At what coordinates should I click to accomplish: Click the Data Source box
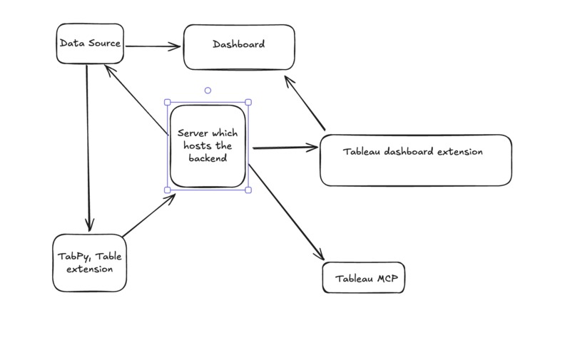pos(90,44)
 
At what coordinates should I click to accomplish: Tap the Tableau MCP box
pos(364,278)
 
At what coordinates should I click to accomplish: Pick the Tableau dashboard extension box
pos(415,160)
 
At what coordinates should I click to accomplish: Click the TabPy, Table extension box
pos(90,262)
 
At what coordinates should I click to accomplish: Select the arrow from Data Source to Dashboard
pos(153,46)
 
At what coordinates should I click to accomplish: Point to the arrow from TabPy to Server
pos(148,215)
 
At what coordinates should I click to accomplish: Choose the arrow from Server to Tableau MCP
pos(285,211)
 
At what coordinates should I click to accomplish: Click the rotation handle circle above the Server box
pos(208,91)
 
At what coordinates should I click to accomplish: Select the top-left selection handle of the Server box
pos(168,102)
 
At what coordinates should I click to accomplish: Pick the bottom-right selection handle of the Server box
pos(248,190)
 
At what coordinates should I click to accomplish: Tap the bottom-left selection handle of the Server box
pos(168,190)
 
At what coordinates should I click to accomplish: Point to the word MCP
pos(391,279)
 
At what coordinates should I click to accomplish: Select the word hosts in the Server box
pos(196,145)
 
